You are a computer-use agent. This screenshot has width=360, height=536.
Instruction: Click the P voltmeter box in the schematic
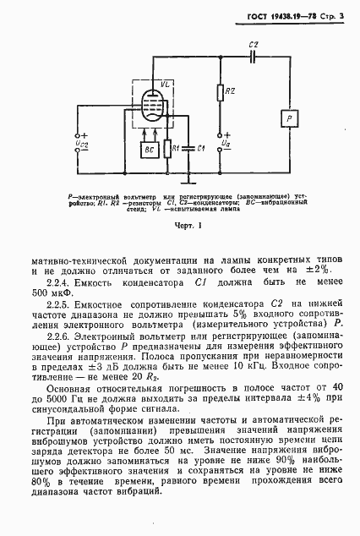coord(290,119)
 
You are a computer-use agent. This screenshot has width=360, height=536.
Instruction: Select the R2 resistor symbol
coord(219,93)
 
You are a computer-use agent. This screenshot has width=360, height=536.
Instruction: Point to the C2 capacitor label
coord(254,44)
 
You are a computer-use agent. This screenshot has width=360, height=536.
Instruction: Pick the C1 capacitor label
coord(200,148)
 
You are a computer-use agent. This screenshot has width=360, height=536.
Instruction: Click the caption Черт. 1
coord(179,227)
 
